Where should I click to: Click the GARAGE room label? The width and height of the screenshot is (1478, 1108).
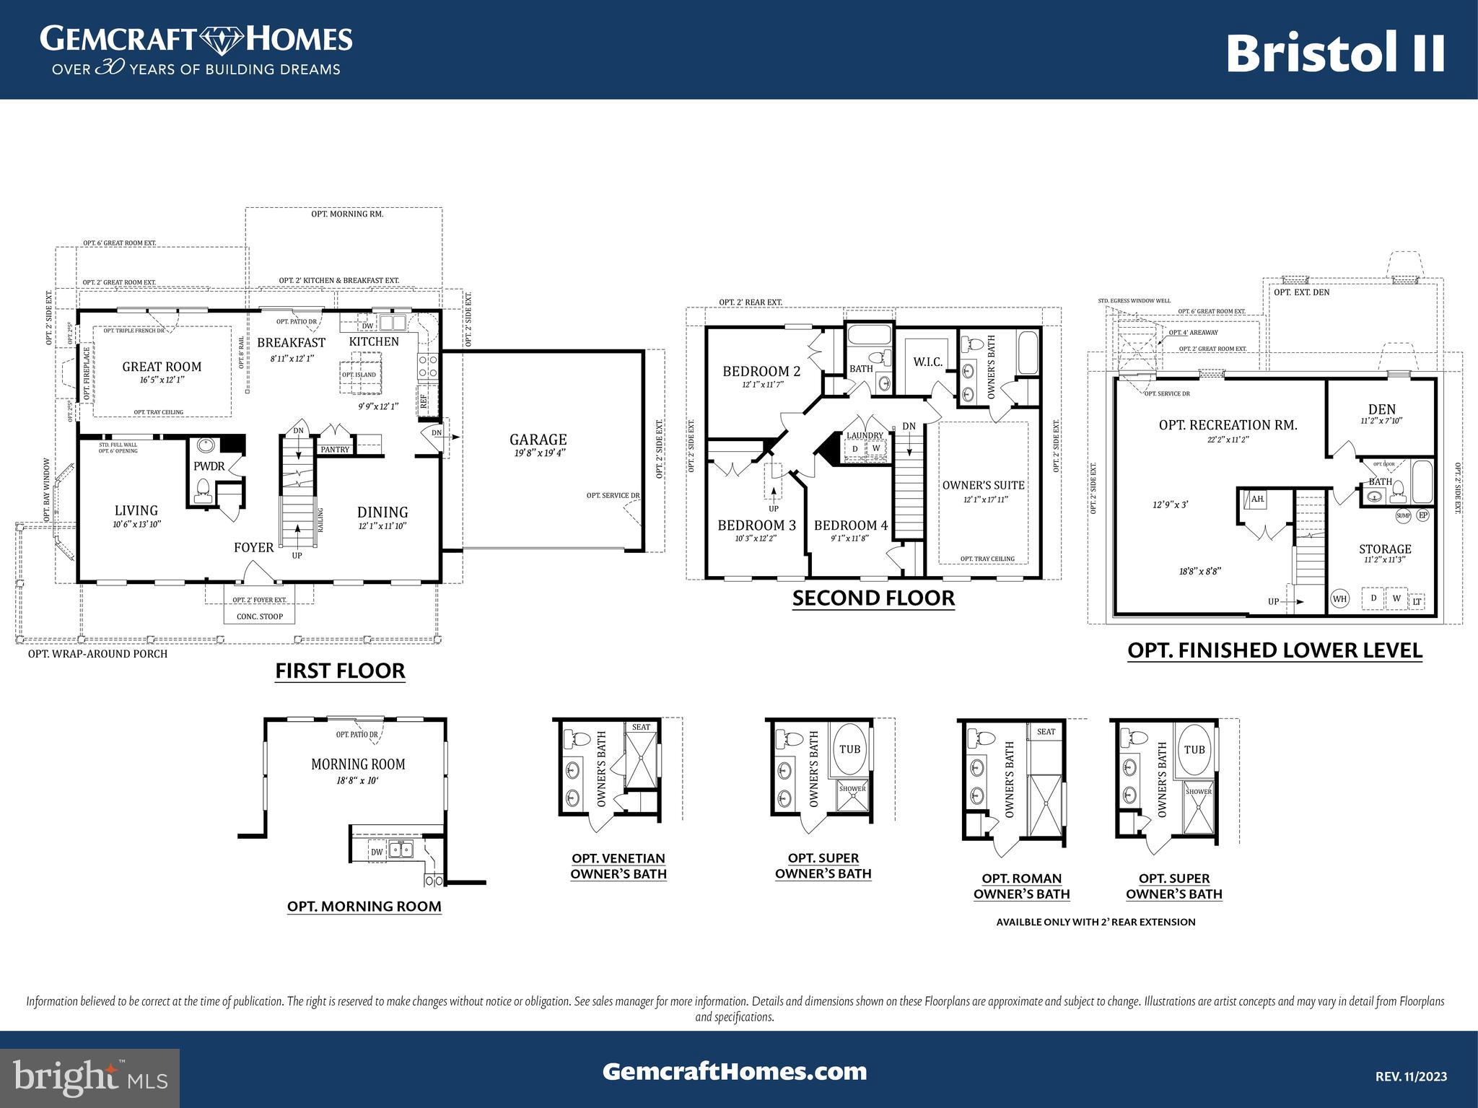coord(538,440)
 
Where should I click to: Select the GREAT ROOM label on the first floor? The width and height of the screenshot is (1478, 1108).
coord(162,367)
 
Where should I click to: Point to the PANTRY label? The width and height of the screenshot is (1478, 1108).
coord(335,450)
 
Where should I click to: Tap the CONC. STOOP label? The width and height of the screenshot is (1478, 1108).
coord(260,616)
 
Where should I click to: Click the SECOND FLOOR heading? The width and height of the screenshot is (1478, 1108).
coord(873,598)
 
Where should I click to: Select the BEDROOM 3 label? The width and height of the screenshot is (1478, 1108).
coord(756,525)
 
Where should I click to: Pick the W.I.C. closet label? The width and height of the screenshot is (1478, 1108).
coord(927,362)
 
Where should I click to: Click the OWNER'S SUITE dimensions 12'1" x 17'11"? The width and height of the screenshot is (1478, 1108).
coord(985,500)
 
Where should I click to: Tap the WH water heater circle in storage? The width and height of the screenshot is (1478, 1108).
coord(1339,598)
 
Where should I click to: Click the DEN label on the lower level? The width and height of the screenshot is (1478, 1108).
coord(1381,409)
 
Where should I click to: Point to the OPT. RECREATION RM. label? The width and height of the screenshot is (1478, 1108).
coord(1228,425)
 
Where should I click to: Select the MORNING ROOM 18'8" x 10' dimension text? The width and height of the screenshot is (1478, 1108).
coord(358,781)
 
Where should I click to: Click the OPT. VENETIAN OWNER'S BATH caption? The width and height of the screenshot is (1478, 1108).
coord(618,866)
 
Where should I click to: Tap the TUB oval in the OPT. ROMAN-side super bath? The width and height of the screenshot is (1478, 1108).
coord(1194,750)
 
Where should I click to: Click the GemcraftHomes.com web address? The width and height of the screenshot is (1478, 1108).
coord(735,1071)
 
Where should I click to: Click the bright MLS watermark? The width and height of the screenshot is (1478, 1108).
coord(89,1078)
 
